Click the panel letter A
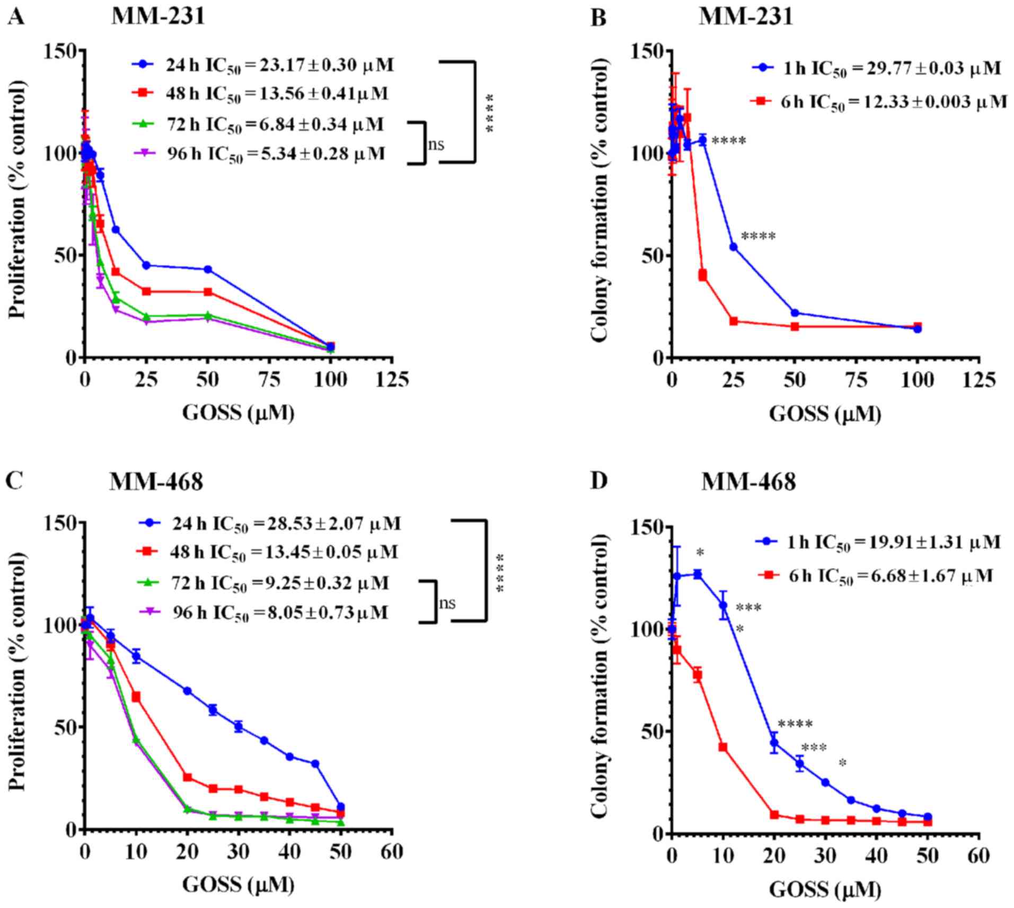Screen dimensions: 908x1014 click(x=16, y=17)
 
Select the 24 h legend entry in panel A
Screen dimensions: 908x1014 click(x=262, y=65)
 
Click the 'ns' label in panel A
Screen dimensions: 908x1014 click(x=436, y=144)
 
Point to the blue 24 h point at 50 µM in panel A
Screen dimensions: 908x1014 click(x=208, y=269)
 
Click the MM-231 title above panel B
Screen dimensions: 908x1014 click(x=746, y=17)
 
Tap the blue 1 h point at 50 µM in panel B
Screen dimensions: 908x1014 click(x=795, y=313)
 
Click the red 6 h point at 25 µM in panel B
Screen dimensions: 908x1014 click(x=734, y=321)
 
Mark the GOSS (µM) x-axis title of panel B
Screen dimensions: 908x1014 click(x=825, y=414)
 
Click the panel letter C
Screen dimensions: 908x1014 click(x=14, y=482)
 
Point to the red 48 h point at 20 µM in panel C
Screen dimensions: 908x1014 click(x=187, y=777)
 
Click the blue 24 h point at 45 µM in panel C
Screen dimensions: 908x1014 click(x=315, y=763)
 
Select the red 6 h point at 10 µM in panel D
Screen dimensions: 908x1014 click(x=722, y=747)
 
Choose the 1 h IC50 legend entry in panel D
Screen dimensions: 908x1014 click(x=878, y=542)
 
